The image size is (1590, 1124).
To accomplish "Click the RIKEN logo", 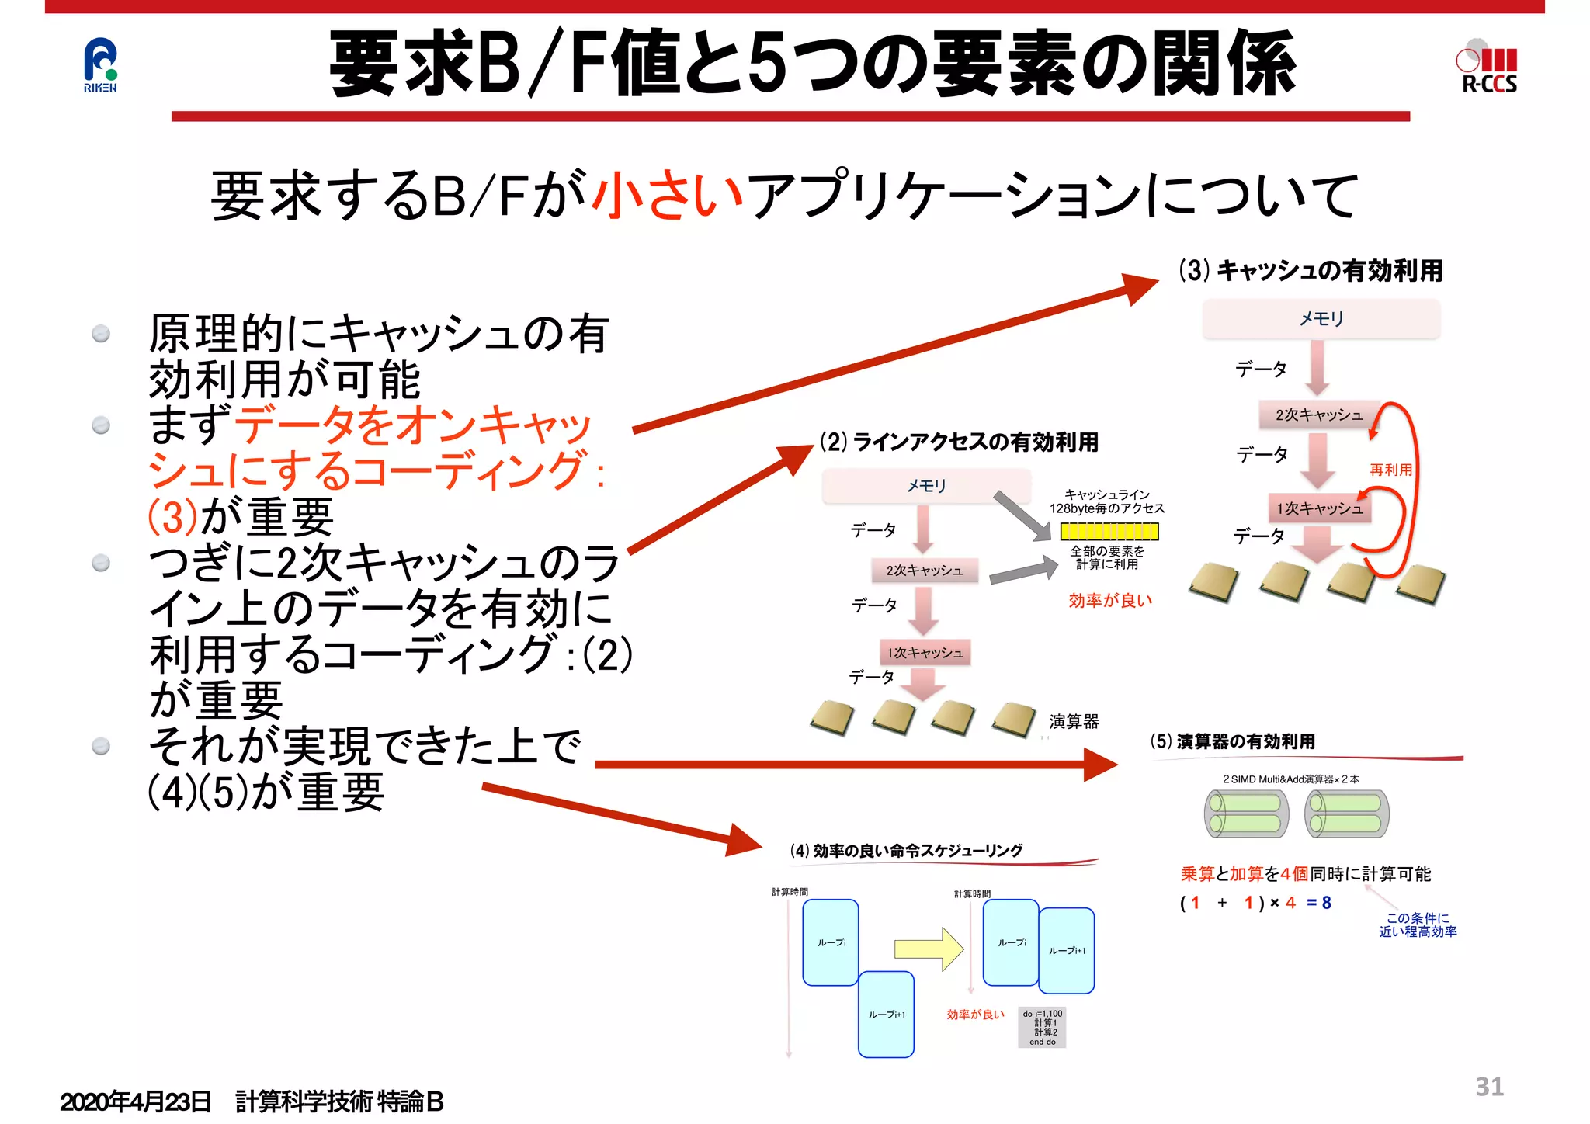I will pyautogui.click(x=100, y=65).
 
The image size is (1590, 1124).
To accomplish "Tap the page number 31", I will pyautogui.click(x=1489, y=1087).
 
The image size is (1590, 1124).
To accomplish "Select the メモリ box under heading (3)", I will pyautogui.click(x=1321, y=319).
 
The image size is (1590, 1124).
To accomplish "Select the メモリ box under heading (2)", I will pyautogui.click(x=926, y=486).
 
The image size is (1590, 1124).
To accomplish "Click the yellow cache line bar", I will pyautogui.click(x=1109, y=532).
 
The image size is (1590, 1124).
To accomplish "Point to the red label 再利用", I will pyautogui.click(x=1390, y=470).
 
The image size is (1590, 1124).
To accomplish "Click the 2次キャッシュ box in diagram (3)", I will pyautogui.click(x=1319, y=415).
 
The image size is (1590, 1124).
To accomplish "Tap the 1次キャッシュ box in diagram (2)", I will pyautogui.click(x=925, y=653).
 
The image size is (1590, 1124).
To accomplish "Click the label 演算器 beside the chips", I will pyautogui.click(x=1074, y=722).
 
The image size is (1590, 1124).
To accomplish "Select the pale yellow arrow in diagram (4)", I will pyautogui.click(x=929, y=949).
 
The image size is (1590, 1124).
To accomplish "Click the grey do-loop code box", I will pyautogui.click(x=1042, y=1028).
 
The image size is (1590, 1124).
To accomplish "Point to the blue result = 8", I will pyautogui.click(x=1319, y=903).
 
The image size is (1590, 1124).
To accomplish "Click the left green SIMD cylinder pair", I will pyautogui.click(x=1246, y=814).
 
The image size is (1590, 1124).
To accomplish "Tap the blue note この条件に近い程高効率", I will pyautogui.click(x=1417, y=925).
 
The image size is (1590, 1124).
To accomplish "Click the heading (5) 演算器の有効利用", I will pyautogui.click(x=1233, y=741).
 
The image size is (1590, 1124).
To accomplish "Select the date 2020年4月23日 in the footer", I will pyautogui.click(x=135, y=1101).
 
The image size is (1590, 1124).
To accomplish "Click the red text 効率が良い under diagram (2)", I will pyautogui.click(x=1110, y=600).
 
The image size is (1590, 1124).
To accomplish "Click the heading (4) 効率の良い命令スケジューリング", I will pyautogui.click(x=906, y=851).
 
